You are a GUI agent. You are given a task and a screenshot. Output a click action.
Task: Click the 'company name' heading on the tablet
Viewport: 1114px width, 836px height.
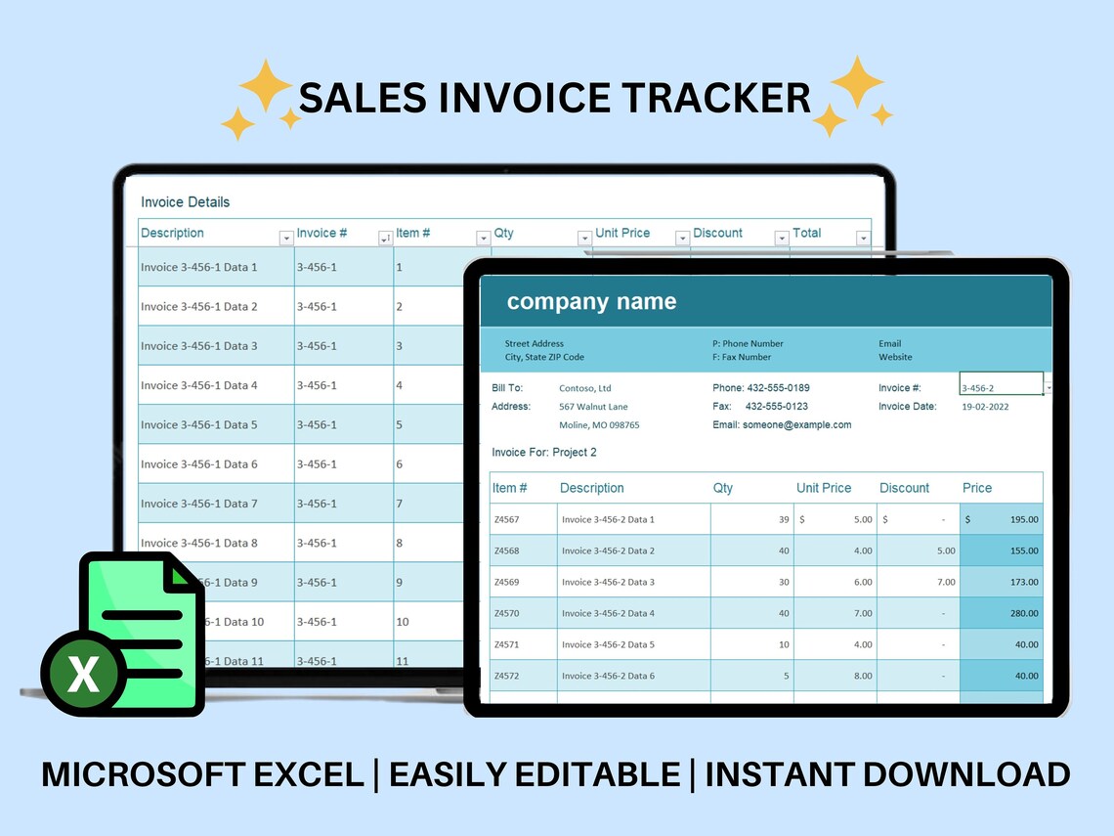[x=591, y=302]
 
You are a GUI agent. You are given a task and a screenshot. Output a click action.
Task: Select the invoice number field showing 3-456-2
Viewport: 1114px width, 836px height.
[x=1001, y=388]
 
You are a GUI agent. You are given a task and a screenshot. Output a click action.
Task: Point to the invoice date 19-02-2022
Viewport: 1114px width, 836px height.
[x=985, y=407]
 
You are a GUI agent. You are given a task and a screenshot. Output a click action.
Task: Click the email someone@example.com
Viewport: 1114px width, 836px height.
[x=796, y=425]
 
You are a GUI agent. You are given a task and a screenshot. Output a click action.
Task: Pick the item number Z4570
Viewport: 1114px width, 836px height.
[x=507, y=614]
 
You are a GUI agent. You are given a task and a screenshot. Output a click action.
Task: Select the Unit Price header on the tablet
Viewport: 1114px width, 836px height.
[x=824, y=488]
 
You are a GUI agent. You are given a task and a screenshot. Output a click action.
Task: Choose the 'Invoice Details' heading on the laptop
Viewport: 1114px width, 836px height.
[x=185, y=202]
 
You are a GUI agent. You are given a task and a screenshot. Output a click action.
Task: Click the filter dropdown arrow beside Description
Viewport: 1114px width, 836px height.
[x=286, y=238]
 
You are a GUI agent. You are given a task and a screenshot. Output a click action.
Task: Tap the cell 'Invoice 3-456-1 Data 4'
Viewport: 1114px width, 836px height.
[x=199, y=385]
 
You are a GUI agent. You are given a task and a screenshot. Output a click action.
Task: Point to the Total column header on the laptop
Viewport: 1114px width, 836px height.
[x=807, y=234]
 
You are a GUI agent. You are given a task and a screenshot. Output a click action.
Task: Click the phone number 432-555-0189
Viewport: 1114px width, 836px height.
[x=777, y=388]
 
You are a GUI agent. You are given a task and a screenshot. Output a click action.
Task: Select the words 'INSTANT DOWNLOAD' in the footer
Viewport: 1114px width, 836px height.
[x=887, y=774]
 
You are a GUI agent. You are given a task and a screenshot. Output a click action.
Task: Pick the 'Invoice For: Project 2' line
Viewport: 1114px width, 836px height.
[x=543, y=453]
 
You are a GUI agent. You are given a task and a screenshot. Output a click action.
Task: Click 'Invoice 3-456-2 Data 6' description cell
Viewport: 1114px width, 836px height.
[x=608, y=677]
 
